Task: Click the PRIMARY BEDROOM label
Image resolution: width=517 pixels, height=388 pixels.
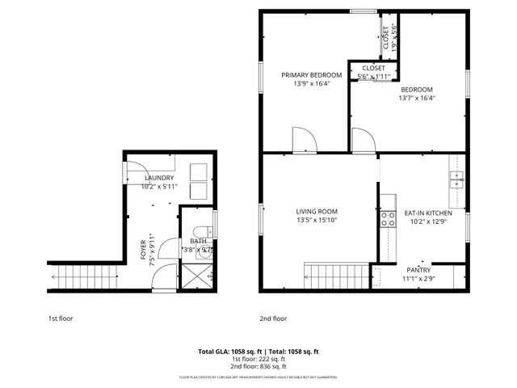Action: [311, 75]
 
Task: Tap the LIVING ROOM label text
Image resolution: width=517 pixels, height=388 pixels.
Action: [316, 212]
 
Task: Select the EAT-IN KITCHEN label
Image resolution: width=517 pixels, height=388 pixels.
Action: [422, 213]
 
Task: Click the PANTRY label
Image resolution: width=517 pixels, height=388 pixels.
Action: [418, 270]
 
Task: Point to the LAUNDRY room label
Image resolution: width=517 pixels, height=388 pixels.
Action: [158, 178]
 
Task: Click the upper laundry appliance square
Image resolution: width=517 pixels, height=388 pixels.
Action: [198, 171]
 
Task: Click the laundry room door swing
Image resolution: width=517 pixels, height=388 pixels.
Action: [132, 171]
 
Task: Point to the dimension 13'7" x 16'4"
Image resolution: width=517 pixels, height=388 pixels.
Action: [417, 98]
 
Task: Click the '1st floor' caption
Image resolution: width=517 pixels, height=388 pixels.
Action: [60, 318]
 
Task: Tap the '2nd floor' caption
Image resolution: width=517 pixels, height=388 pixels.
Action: [272, 318]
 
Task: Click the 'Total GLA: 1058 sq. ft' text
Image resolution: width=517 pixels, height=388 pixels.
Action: [229, 352]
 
